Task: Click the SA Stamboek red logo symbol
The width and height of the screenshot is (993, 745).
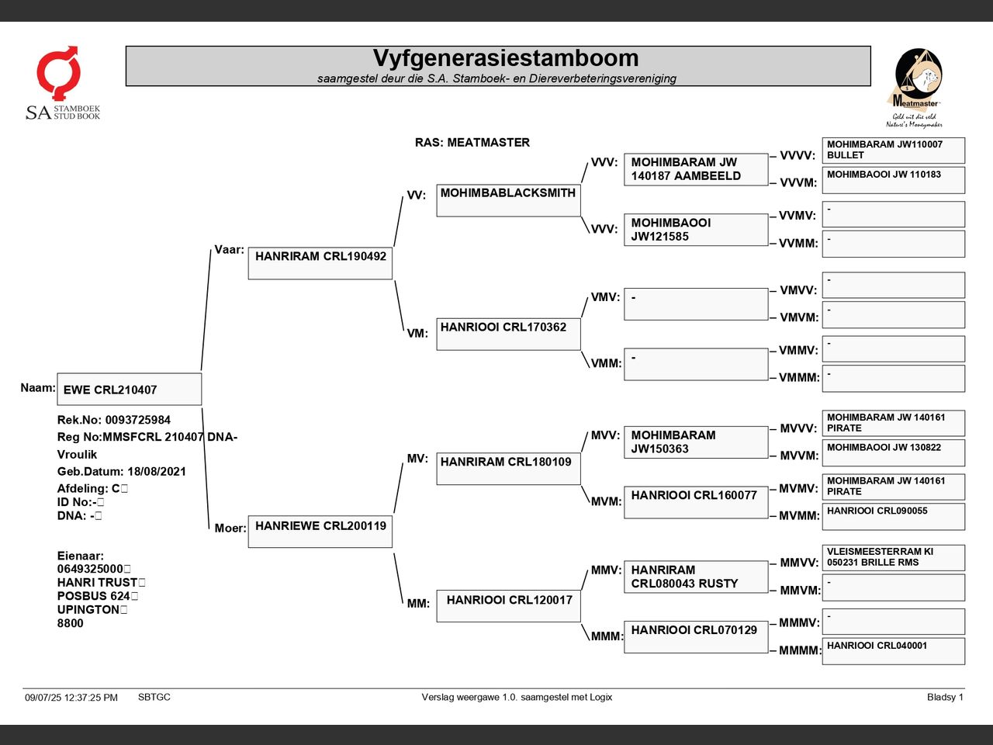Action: pyautogui.click(x=59, y=72)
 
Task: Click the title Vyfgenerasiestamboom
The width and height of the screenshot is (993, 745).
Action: pyautogui.click(x=506, y=58)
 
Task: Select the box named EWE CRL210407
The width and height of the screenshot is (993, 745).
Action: pyautogui.click(x=130, y=389)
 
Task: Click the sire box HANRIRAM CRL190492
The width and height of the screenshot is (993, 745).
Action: pyautogui.click(x=320, y=263)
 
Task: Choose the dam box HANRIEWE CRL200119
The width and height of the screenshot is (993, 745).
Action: pyautogui.click(x=320, y=532)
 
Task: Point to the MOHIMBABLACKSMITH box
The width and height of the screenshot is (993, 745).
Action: pyautogui.click(x=508, y=200)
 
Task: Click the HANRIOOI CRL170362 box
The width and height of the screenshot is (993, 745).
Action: pyautogui.click(x=508, y=334)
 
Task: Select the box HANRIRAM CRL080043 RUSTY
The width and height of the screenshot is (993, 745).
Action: pyautogui.click(x=696, y=577)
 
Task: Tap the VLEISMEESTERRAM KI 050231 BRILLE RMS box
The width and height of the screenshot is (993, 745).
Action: pyautogui.click(x=894, y=558)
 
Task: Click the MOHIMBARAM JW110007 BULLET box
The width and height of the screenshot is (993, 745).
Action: pyautogui.click(x=894, y=151)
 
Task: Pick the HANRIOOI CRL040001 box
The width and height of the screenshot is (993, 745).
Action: pyautogui.click(x=894, y=651)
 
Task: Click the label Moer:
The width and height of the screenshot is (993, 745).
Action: pyautogui.click(x=230, y=528)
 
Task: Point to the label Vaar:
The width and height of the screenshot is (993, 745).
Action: pyautogui.click(x=229, y=250)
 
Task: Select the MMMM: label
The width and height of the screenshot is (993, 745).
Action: pyautogui.click(x=800, y=650)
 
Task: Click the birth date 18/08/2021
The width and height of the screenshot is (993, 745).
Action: pyautogui.click(x=157, y=471)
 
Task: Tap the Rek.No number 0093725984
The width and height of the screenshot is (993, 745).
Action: pyautogui.click(x=138, y=420)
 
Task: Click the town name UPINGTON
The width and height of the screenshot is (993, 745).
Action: pyautogui.click(x=88, y=609)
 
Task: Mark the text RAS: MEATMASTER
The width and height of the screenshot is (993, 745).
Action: pyautogui.click(x=472, y=143)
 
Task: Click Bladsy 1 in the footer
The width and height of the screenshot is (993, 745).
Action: pyautogui.click(x=945, y=697)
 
